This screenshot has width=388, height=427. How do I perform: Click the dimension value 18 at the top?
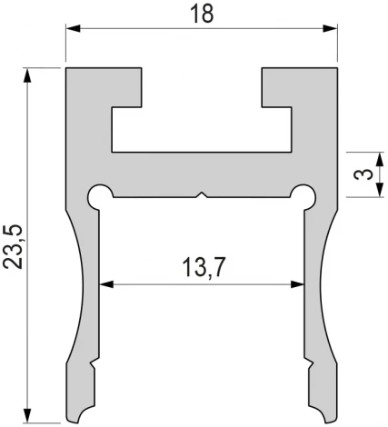pyautogui.click(x=201, y=16)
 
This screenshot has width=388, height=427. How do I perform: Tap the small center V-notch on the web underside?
pyautogui.click(x=202, y=194)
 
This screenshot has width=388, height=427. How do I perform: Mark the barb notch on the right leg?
pyautogui.click(x=310, y=366)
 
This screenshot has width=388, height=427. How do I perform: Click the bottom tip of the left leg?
pyautogui.click(x=82, y=421)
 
